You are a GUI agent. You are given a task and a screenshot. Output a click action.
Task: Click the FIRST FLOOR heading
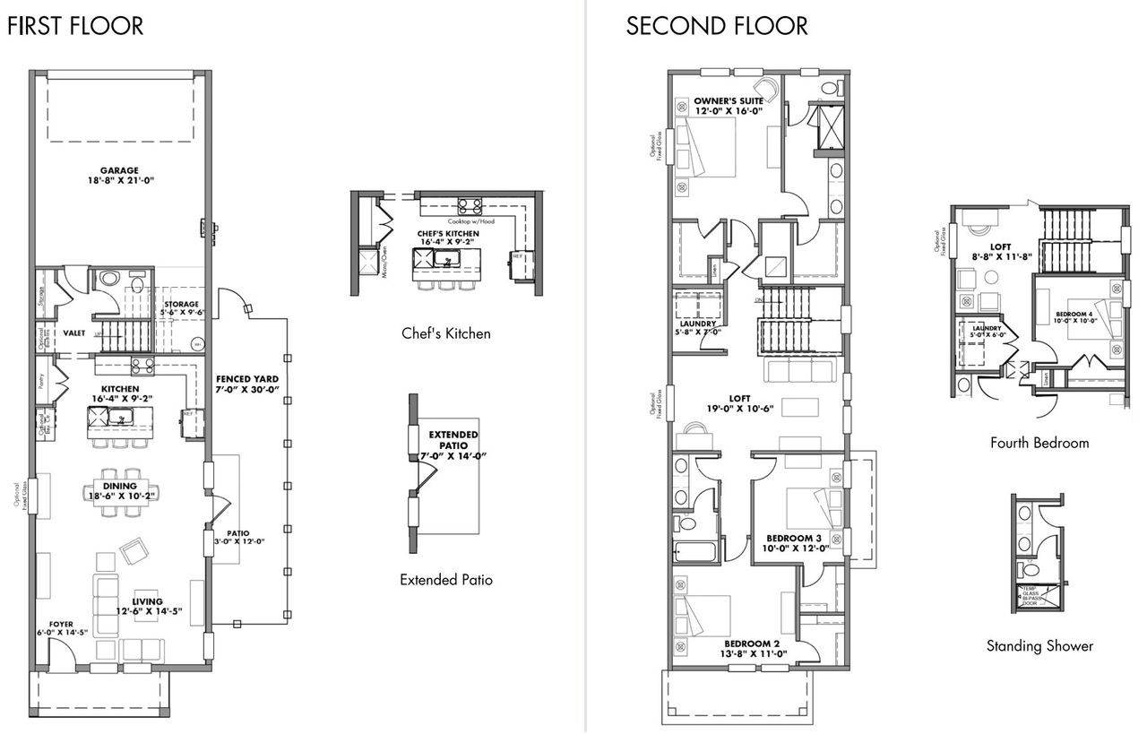[x=75, y=26]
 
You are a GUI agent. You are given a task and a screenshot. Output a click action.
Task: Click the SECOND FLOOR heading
[x=717, y=26]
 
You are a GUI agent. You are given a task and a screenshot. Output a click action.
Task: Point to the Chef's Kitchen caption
[x=446, y=333]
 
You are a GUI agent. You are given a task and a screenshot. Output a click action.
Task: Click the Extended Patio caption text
[x=446, y=580]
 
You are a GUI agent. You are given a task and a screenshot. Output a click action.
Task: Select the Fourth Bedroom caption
[x=1039, y=443]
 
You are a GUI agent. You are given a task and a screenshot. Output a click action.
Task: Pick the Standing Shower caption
[x=1039, y=645]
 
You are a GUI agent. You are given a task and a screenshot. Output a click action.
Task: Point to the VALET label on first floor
[x=73, y=332]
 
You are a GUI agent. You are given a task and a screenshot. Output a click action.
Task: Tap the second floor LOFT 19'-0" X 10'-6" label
[x=739, y=402]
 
